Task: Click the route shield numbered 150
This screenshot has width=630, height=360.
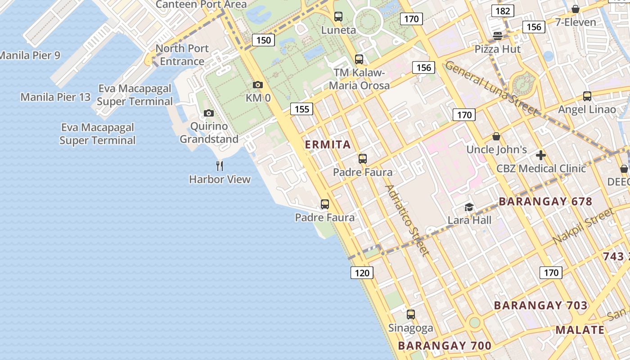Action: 264,40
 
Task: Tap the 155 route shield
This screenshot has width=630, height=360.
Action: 301,108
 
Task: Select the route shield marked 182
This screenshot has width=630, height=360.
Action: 502,11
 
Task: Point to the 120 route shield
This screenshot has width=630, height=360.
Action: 362,272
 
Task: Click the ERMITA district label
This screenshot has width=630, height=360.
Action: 328,144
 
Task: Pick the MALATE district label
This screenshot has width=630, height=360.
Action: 580,329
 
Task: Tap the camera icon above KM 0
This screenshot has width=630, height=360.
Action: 258,85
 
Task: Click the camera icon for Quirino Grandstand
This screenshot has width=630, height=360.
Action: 209,113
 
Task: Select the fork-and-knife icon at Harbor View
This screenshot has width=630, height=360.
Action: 220,166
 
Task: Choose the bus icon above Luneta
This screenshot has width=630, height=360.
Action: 338,17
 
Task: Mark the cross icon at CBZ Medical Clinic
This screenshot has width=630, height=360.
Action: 541,155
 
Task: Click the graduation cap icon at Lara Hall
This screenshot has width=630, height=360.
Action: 469,207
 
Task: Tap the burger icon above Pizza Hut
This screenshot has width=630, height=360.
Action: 498,36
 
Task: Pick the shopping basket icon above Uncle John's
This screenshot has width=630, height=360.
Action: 496,136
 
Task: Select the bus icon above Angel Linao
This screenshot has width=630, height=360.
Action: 587,96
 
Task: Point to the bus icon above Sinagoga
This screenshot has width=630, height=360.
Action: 411,314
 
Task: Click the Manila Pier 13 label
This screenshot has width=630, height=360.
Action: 55,97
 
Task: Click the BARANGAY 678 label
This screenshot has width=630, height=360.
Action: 545,201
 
